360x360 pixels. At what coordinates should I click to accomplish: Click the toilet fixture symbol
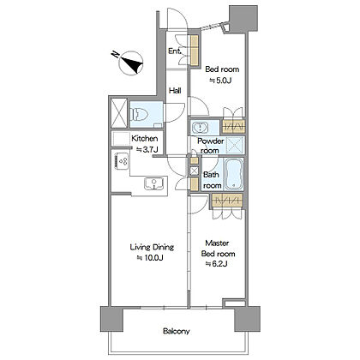139,115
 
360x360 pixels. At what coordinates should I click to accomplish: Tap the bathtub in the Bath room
234,174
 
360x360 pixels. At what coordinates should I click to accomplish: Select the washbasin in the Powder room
201,127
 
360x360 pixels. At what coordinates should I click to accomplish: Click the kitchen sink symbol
154,183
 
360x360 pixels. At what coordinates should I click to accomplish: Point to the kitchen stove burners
122,161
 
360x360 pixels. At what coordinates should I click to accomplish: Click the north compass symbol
132,63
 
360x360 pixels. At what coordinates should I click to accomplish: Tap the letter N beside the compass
115,54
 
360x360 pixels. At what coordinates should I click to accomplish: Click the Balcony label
177,332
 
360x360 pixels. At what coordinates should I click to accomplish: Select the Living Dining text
152,247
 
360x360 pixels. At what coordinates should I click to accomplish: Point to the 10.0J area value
150,258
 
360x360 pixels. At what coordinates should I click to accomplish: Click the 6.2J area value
216,264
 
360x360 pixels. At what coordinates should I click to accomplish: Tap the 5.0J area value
220,81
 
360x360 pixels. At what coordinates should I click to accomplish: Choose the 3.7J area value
147,149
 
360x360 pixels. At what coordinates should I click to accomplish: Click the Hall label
175,91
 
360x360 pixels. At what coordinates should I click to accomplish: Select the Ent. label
175,51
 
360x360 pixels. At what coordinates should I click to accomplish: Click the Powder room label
211,146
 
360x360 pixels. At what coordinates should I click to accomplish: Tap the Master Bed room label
219,249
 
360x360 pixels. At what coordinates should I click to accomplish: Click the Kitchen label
145,139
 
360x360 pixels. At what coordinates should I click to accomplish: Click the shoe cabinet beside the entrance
195,51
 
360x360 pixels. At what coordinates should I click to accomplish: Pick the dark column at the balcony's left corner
111,319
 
